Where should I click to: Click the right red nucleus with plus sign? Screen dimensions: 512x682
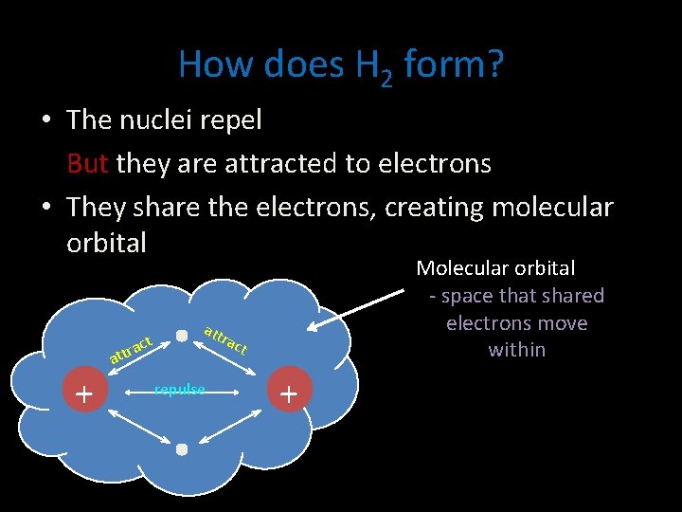point(289,393)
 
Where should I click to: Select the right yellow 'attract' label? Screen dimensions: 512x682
point(225,339)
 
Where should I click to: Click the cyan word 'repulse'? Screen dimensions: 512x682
point(180,390)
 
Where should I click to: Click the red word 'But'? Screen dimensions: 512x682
point(87,164)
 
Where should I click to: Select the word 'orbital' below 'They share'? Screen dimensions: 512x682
point(106,243)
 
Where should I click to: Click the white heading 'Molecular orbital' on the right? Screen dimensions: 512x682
point(495,268)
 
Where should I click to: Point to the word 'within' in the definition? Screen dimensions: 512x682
point(516,350)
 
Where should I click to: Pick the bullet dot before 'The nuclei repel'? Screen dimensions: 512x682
point(45,121)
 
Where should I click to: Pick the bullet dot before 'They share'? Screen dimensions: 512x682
point(45,207)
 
